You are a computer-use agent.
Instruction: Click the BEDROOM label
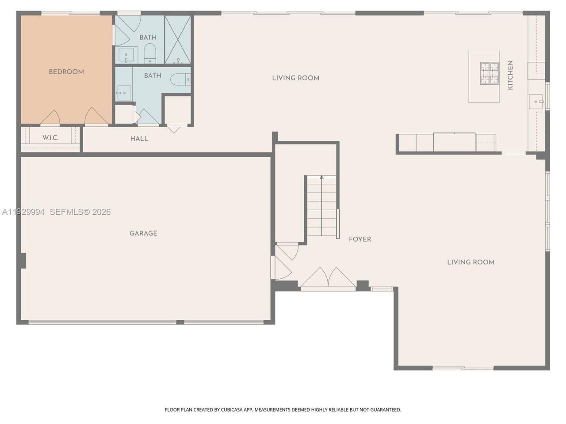click(66, 72)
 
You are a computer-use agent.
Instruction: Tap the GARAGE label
click(143, 233)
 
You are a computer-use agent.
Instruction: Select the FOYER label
click(360, 239)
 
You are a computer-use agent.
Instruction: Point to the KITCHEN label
click(510, 75)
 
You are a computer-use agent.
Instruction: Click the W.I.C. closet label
click(50, 138)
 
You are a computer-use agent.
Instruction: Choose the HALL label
click(139, 139)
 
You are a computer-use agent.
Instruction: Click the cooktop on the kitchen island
click(489, 74)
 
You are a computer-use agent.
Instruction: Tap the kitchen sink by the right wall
click(536, 102)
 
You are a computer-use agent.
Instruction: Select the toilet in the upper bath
click(150, 53)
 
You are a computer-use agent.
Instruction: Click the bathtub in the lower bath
click(180, 79)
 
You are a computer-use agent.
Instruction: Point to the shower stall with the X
click(178, 40)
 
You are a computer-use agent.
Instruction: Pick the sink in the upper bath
click(126, 54)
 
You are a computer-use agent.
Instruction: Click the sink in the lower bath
click(124, 93)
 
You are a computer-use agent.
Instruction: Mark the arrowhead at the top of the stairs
click(321, 177)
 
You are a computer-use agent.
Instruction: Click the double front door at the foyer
click(328, 278)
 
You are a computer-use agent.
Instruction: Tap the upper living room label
click(296, 78)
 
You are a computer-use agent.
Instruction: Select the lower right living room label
click(471, 262)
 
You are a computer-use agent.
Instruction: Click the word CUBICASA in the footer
click(232, 409)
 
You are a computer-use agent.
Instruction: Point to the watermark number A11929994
click(23, 212)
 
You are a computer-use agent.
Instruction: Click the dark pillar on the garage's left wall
click(23, 261)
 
